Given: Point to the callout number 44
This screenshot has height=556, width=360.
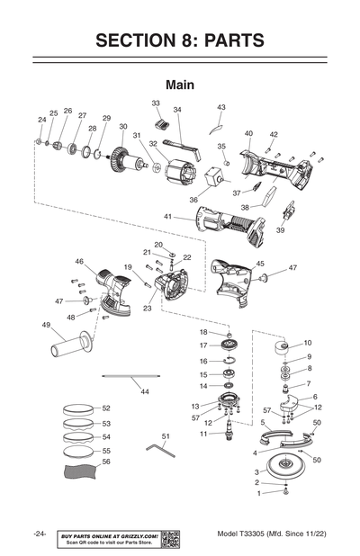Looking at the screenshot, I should [x=144, y=391].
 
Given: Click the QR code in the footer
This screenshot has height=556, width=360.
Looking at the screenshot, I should [x=171, y=539].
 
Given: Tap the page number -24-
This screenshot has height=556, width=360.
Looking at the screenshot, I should [x=40, y=534].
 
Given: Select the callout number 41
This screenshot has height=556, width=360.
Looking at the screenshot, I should [x=168, y=217].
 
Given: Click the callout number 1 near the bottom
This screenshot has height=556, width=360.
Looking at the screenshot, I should [x=258, y=493].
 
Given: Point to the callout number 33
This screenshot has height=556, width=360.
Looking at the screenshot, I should [x=156, y=103].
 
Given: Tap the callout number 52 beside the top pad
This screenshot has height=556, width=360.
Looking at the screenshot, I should [x=106, y=408].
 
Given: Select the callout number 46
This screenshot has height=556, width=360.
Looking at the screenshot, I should [x=79, y=262].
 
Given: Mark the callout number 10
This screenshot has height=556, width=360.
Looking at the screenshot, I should [x=308, y=343].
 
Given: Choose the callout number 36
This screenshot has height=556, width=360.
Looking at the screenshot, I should [x=193, y=200].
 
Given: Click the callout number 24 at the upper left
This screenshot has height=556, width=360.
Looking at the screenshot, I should [x=41, y=119].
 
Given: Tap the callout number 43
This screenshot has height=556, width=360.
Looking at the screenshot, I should [x=221, y=107].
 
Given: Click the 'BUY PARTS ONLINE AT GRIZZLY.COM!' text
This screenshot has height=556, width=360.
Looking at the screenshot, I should [x=109, y=535].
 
